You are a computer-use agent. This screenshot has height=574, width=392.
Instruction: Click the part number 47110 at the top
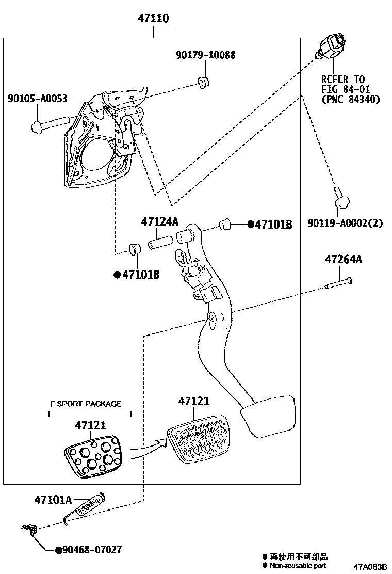tap(153, 19)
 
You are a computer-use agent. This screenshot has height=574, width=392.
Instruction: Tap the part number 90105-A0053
tap(37, 98)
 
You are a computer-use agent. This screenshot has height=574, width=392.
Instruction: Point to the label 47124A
tap(160, 222)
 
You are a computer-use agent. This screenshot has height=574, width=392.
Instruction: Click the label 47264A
tap(343, 259)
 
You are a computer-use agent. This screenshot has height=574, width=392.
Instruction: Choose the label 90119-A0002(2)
tap(346, 224)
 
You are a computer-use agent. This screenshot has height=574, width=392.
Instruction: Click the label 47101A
tap(53, 499)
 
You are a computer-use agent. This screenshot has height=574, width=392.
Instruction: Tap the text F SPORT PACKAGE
tap(85, 404)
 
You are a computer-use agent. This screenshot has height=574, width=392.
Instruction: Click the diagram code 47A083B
tap(370, 567)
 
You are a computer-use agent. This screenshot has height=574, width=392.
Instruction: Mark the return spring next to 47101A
tap(85, 508)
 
